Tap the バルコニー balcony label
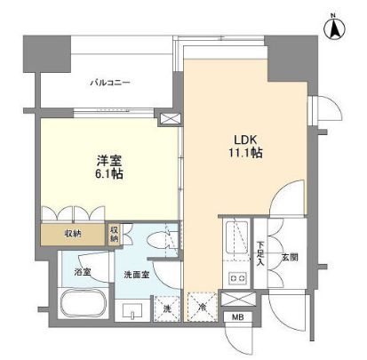click(109, 84)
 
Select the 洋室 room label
click(110, 160)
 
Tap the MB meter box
click(237, 316)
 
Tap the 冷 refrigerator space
click(202, 308)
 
